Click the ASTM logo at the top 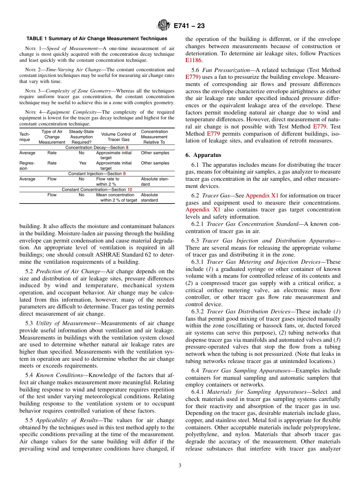pyautogui.click(x=164, y=25)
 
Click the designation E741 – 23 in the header pyautogui.click(x=189, y=26)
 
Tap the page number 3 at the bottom pyautogui.click(x=180, y=466)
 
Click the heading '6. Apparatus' pyautogui.click(x=203, y=155)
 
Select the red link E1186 pyautogui.click(x=194, y=60)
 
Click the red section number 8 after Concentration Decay pyautogui.click(x=127, y=147)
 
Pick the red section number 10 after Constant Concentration pyautogui.click(x=130, y=189)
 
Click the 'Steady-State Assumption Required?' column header pyautogui.click(x=81, y=137)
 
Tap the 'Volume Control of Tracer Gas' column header pyautogui.click(x=119, y=137)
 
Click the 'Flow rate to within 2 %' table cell pyautogui.click(x=108, y=182)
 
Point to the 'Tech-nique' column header pyautogui.click(x=25, y=137)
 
